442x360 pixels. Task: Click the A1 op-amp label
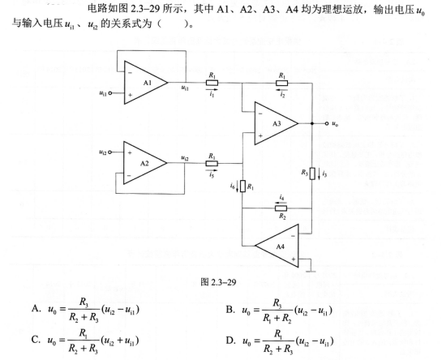coord(147,83)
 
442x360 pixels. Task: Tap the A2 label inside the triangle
coord(144,163)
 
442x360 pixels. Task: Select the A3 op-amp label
coord(277,123)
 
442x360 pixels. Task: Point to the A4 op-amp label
coord(280,246)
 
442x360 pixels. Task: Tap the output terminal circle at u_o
coord(327,123)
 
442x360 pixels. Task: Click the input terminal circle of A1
coord(110,93)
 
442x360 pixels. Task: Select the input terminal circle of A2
coord(110,152)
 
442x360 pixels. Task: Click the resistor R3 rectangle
coord(312,174)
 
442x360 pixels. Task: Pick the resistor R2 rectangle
coord(281,208)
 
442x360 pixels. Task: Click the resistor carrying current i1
coord(212,83)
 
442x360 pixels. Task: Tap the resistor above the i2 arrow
coord(282,83)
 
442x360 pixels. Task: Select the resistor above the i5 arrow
coord(212,164)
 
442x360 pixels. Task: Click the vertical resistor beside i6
coord(242,186)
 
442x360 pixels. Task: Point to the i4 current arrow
coord(281,202)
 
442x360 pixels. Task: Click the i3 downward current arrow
coord(319,174)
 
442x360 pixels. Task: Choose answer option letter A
coord(36,309)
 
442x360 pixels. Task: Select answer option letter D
coord(230,341)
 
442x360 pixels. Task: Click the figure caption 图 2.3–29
coord(218,282)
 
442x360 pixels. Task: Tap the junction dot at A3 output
coord(312,123)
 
